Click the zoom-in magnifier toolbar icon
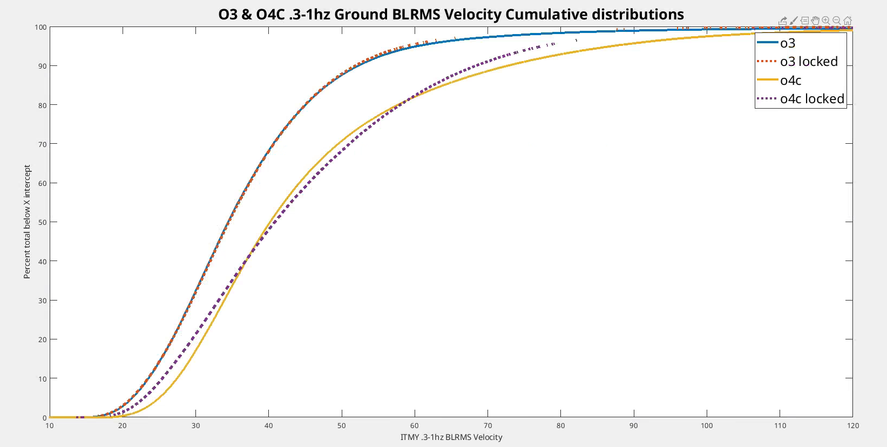point(825,21)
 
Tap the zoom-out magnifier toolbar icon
point(836,21)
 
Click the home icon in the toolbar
point(848,21)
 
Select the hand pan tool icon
point(815,21)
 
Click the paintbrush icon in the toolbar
point(794,21)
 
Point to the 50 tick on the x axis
point(342,425)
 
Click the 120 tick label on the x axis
point(853,425)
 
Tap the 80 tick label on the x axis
point(561,425)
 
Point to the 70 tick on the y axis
point(43,144)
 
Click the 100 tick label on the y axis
point(41,27)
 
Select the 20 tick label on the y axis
point(43,339)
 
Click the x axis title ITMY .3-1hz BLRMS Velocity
point(451,437)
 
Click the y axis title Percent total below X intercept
point(27,222)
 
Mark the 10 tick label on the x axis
point(50,425)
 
